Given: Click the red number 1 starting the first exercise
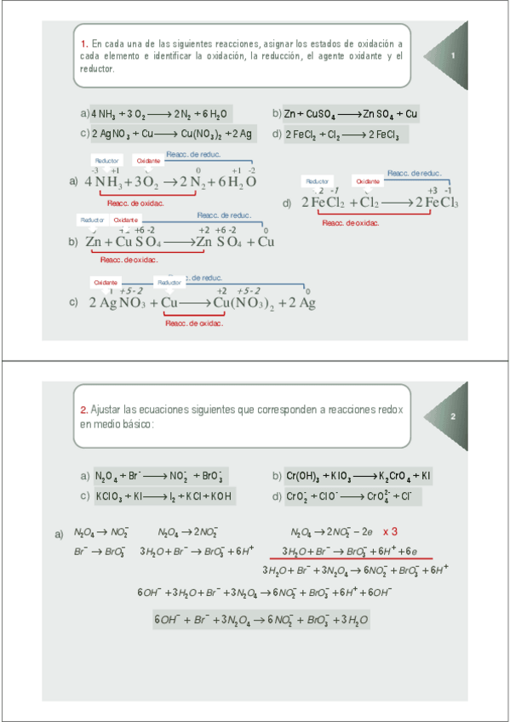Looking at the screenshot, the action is [83, 43].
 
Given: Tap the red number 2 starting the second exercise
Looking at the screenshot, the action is [83, 410].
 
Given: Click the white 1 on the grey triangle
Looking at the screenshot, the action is [454, 57].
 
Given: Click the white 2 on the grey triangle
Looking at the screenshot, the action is [454, 416].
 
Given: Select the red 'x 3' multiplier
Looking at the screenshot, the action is [391, 530].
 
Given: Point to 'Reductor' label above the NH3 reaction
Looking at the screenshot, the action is [107, 160].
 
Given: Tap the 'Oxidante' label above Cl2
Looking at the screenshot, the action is [368, 181].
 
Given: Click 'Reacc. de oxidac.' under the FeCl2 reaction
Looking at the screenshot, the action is [351, 223].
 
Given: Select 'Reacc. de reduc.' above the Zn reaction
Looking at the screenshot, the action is [224, 215].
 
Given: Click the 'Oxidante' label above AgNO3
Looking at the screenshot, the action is [106, 282].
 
